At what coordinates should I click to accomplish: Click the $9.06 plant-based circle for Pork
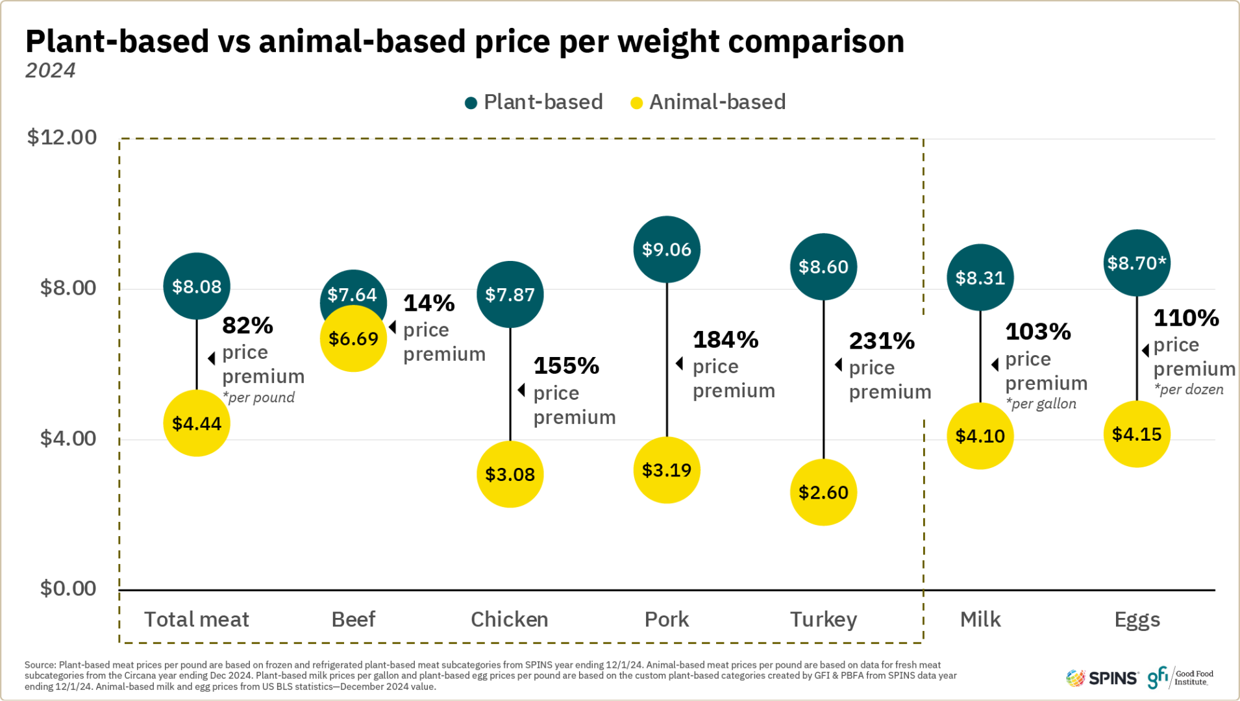coord(667,249)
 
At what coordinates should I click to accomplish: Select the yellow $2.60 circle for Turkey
coord(823,492)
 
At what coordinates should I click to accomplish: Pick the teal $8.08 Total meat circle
coord(197,286)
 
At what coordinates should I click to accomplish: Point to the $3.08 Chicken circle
coord(510,474)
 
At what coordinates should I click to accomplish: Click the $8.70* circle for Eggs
coord(1137,263)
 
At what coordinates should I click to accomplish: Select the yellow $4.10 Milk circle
coord(980,436)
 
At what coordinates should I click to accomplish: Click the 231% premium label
coord(882,341)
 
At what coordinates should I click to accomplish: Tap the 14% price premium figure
coord(429,303)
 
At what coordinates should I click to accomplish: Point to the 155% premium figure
coord(566,365)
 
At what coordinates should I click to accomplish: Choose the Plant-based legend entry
coord(534,102)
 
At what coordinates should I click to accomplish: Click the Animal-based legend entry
coord(708,102)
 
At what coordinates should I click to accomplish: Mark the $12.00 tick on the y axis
coord(62,138)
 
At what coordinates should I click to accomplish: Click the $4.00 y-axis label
coord(68,439)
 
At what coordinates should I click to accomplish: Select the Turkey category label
coord(823,619)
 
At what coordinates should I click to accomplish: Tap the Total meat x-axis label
coord(197,619)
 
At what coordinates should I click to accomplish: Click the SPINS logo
coord(1102,678)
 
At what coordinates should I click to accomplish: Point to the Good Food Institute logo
coord(1180,678)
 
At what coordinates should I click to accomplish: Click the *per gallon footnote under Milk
coord(1041,404)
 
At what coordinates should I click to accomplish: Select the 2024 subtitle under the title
coord(51,70)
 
